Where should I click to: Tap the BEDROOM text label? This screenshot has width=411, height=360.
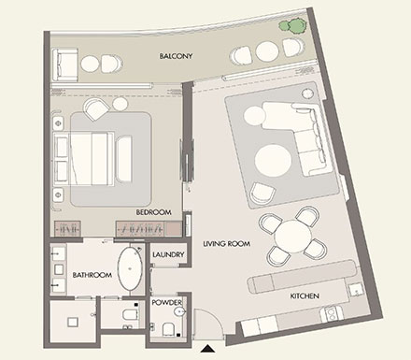(154, 213)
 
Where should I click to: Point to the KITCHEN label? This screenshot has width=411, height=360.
(305, 296)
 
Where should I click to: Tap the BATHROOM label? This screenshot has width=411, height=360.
(92, 276)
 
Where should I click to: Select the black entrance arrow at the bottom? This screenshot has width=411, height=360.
(205, 350)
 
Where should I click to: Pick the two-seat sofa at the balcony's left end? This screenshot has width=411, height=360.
(64, 64)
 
